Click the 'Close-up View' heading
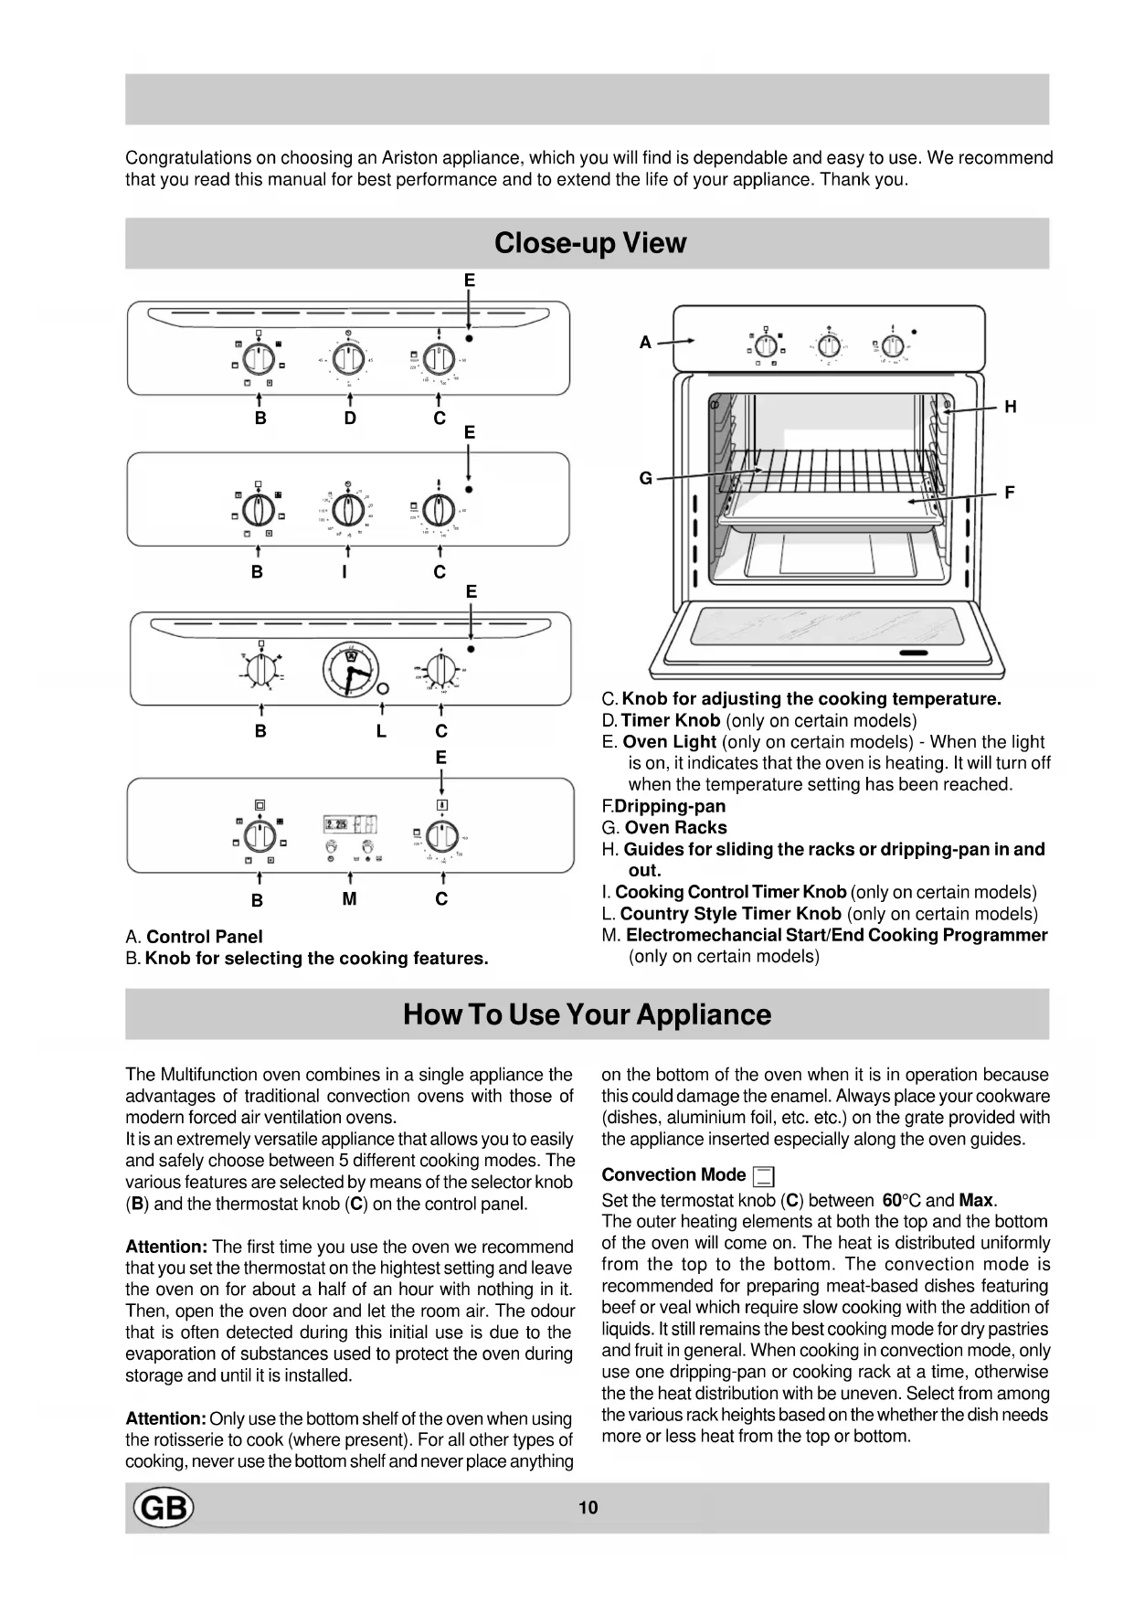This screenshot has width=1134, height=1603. click(589, 243)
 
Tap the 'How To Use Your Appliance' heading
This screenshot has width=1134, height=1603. click(587, 1014)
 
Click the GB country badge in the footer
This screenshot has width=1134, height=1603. click(164, 1507)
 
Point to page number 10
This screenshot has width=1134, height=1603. click(588, 1508)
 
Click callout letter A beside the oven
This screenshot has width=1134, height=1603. click(645, 343)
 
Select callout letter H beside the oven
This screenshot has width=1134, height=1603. click(1010, 408)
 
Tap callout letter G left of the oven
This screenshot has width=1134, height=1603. click(645, 478)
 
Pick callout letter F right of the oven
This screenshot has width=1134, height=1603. click(1010, 493)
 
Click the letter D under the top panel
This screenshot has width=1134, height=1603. click(350, 419)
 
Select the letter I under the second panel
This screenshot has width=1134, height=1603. click(344, 572)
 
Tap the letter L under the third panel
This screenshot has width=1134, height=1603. click(380, 731)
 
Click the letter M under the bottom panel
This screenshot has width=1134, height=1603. click(349, 899)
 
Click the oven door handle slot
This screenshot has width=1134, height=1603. click(913, 653)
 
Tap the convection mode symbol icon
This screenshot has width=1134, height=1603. click(764, 1177)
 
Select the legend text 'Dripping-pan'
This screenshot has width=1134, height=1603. click(670, 806)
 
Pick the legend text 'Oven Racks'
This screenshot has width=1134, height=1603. click(675, 828)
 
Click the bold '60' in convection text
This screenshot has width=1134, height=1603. click(892, 1200)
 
